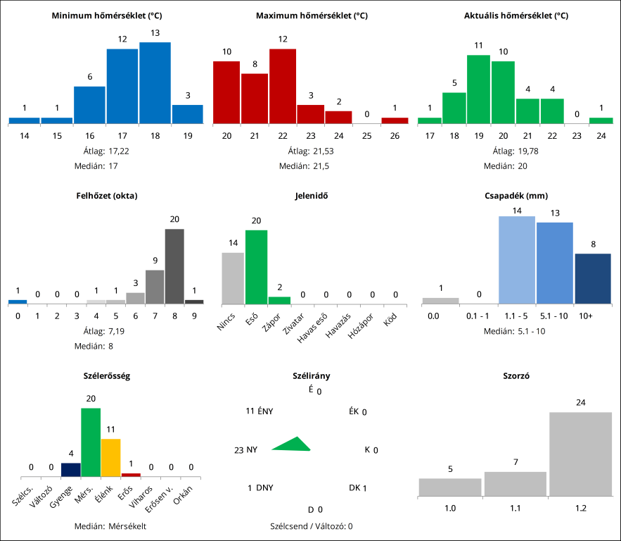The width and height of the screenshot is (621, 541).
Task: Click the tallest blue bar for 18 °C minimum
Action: coord(155,83)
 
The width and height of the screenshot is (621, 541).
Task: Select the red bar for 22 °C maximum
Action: coord(283,86)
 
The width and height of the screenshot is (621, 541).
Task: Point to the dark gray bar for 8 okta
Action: coord(174,266)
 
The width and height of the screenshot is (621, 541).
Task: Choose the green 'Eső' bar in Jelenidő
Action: coord(256,266)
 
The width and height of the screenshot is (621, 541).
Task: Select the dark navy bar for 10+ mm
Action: coord(593,278)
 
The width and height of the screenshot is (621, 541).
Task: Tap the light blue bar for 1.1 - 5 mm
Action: coord(517,259)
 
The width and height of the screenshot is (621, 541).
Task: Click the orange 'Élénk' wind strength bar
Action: coord(111,458)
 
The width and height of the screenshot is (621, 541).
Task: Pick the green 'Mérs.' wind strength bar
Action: coord(91,442)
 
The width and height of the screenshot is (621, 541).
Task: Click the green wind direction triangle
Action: coord(293,444)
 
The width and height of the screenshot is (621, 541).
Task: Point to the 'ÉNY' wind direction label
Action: coord(265,411)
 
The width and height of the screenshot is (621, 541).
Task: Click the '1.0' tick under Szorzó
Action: coord(450,507)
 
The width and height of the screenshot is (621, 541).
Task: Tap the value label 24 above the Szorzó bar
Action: coord(581,403)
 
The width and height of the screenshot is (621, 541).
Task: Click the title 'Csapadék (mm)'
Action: coord(516,196)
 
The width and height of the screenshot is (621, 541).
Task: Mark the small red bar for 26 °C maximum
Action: coord(395,120)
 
